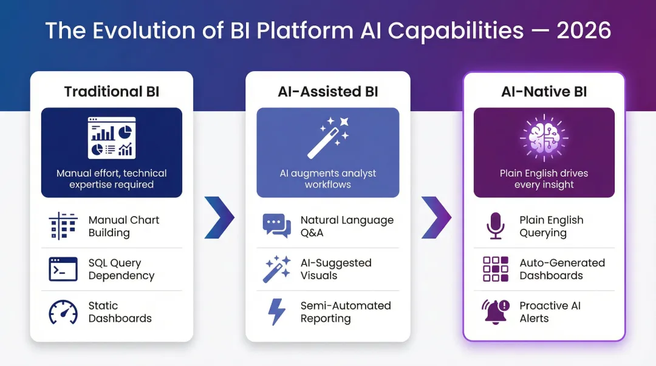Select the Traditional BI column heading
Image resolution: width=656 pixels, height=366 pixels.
[x=112, y=92]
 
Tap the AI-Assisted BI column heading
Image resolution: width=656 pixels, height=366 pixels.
[x=327, y=92]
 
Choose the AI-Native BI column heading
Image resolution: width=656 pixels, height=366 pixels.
[x=544, y=92]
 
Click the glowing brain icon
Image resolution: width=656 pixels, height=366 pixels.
[x=544, y=138]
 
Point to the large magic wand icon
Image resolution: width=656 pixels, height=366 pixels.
[x=327, y=138]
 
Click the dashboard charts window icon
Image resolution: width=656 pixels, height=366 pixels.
[x=112, y=138]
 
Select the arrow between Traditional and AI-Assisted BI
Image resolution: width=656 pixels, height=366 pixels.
[x=219, y=217]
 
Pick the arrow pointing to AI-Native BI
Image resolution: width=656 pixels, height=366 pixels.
[x=436, y=217]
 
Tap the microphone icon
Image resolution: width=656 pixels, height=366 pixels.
[x=495, y=226]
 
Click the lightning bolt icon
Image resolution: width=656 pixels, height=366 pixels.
[x=277, y=312]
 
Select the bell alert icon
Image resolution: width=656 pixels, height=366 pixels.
[x=495, y=312]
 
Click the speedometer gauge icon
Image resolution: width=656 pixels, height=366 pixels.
[x=63, y=312]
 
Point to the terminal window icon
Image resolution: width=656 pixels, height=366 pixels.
[x=63, y=269]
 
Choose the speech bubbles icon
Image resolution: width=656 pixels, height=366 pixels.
[x=277, y=226]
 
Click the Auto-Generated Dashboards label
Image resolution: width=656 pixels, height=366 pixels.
[x=562, y=269]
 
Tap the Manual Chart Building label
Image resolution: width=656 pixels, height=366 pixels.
[x=124, y=226]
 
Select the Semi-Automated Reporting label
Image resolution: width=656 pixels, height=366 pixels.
[x=346, y=312]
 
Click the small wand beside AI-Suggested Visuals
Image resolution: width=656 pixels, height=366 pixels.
[x=277, y=269]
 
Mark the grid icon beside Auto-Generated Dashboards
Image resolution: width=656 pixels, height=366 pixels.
[x=495, y=269]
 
